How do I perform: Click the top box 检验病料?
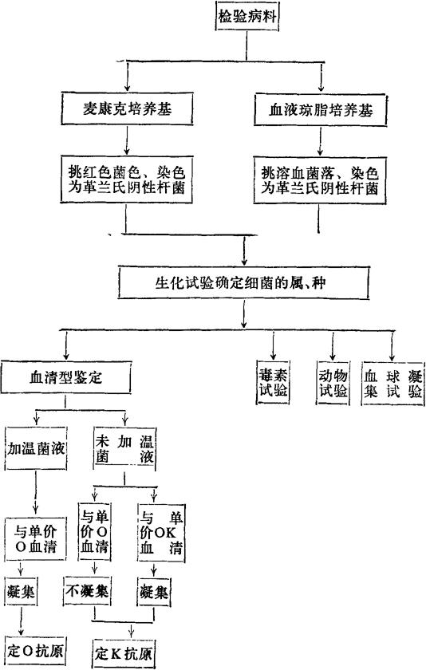247,17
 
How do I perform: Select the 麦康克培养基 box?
127,108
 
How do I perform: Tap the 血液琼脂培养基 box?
320,110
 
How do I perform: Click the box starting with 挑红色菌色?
127,179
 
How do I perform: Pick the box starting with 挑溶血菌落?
320,180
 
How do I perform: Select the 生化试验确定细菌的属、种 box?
243,283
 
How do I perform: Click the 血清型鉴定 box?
65,377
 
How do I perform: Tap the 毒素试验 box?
273,383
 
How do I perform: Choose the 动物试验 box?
333,383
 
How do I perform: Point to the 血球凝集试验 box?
392,383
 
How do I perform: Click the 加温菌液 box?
36,448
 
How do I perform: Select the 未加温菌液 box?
124,448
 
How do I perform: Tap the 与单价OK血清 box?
161,532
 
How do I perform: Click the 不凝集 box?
87,592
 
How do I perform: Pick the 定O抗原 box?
35,651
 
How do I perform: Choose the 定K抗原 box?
124,653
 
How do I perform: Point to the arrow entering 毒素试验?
273,345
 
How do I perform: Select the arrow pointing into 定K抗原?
131,630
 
